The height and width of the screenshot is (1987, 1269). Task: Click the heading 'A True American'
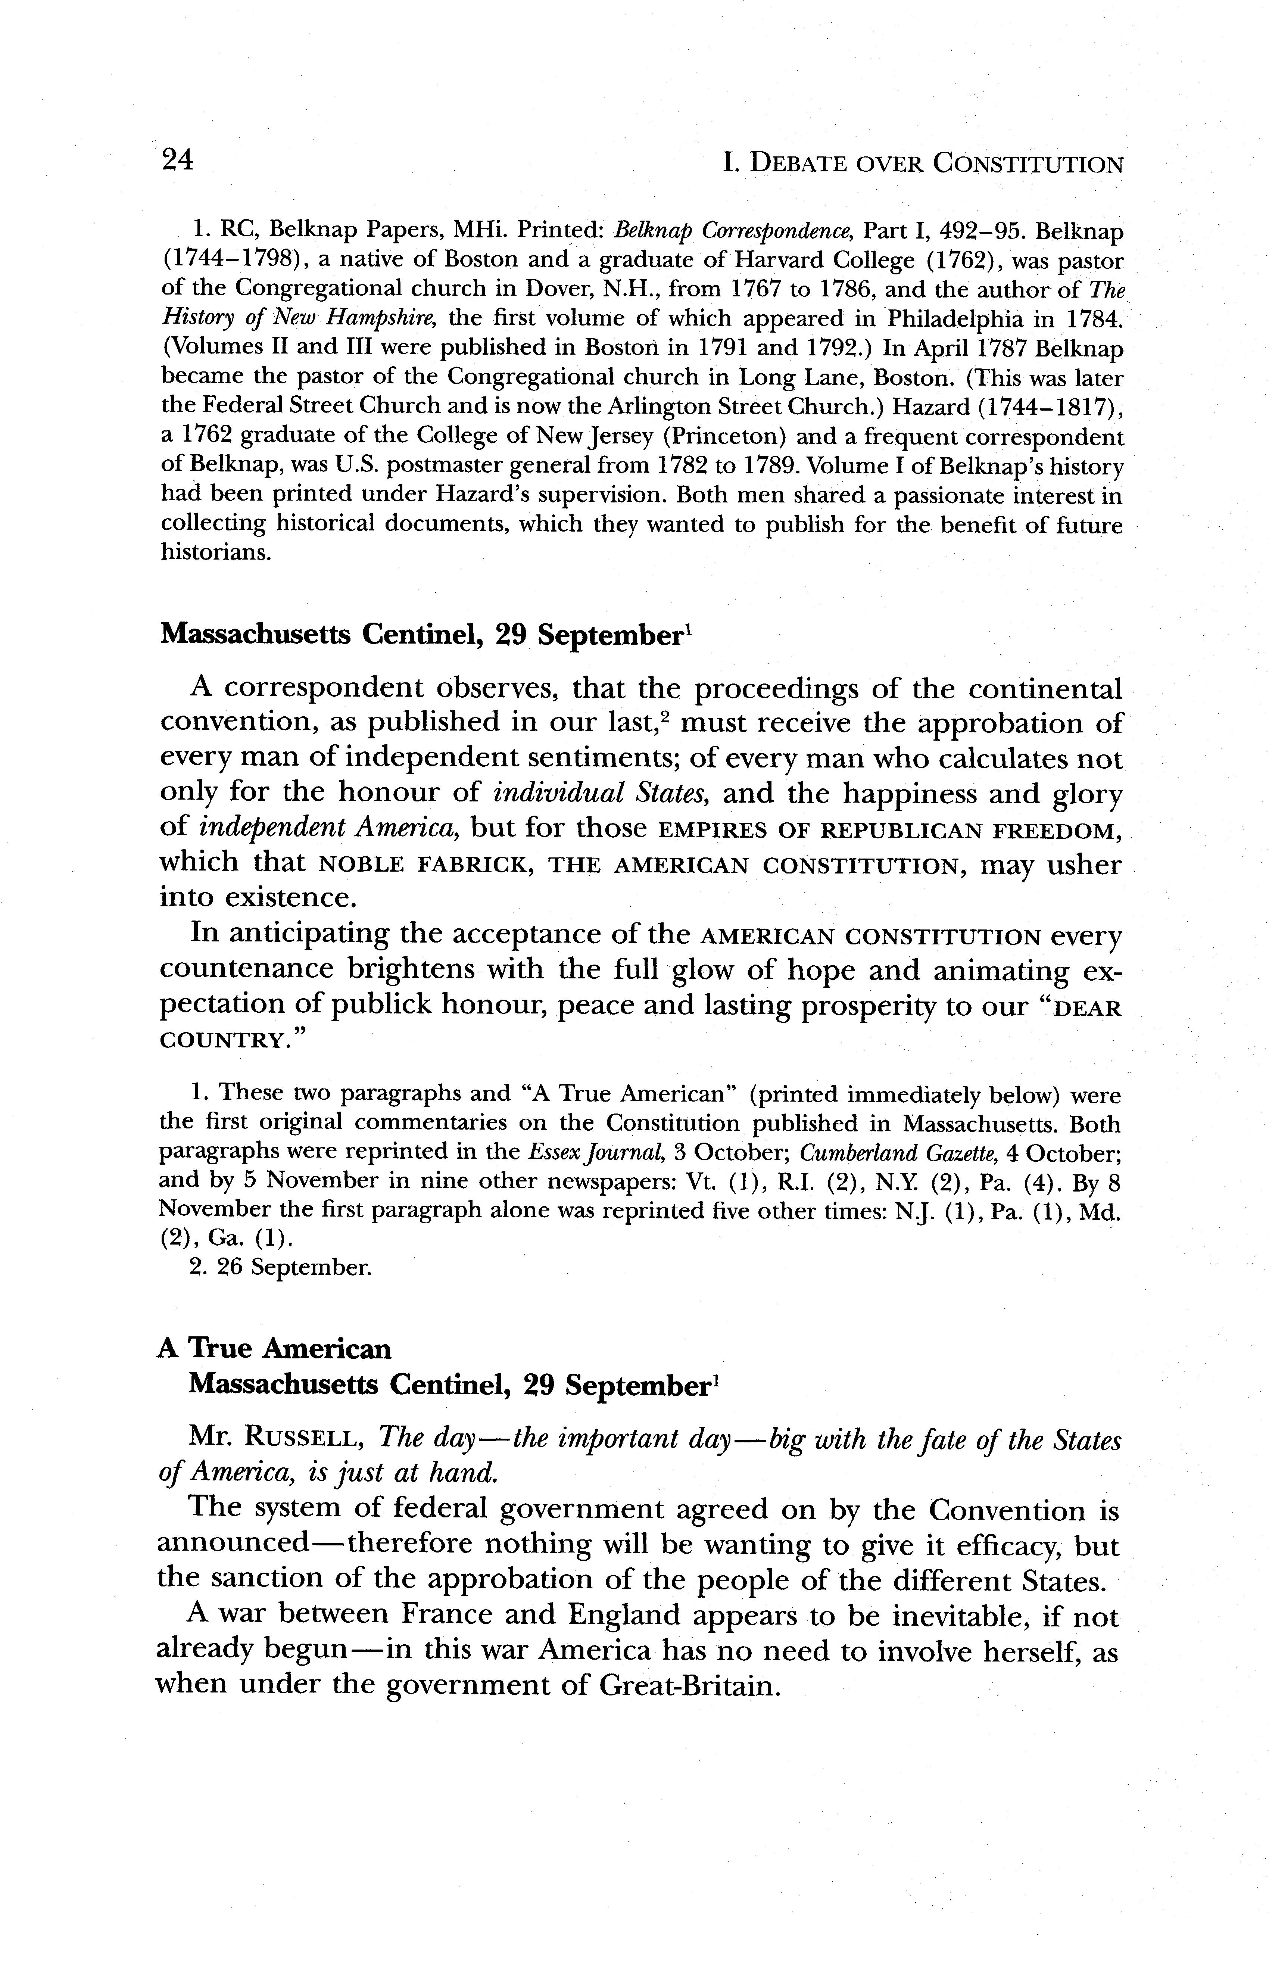275,1348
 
